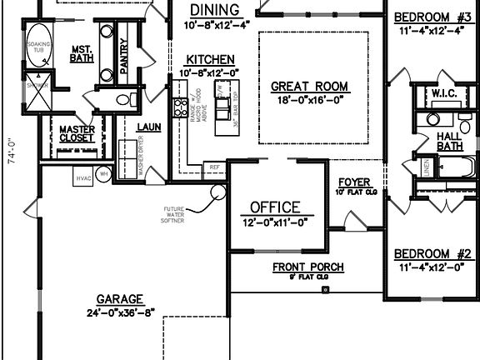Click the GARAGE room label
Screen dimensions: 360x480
[119, 298]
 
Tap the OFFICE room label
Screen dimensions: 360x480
[275, 207]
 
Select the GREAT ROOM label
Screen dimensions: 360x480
[310, 86]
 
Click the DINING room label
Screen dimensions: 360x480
[215, 10]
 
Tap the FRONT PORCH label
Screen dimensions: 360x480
[308, 267]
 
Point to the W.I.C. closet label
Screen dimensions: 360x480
[442, 94]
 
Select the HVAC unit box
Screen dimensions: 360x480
[83, 177]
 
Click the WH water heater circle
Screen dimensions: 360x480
[105, 173]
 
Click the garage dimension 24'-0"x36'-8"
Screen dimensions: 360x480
[119, 314]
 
